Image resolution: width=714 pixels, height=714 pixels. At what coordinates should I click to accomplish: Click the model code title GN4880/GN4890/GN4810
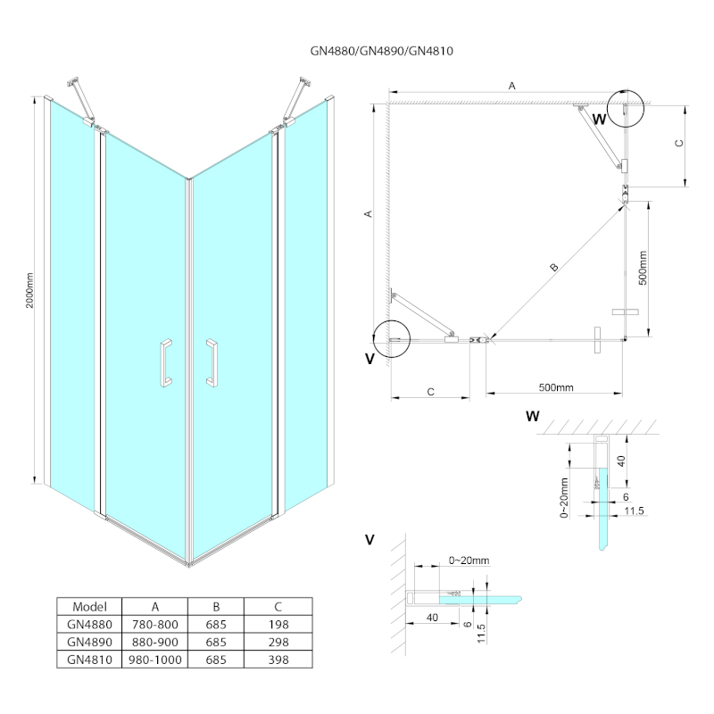tap(357, 51)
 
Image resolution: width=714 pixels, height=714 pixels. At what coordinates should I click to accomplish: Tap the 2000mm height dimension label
tap(30, 289)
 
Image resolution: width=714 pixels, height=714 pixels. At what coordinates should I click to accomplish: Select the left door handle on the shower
tap(165, 363)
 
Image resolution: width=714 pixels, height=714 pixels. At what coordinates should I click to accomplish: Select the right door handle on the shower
tap(212, 363)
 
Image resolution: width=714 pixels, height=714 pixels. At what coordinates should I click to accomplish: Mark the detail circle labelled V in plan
tap(390, 338)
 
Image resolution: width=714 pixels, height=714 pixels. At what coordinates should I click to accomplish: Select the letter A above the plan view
tap(511, 86)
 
